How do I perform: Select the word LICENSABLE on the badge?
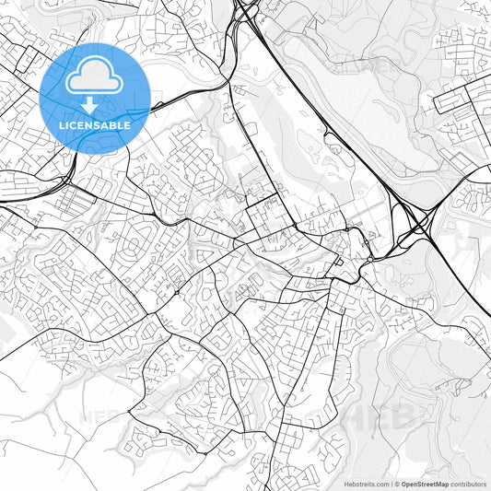pyautogui.click(x=95, y=124)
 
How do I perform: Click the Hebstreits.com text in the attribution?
pyautogui.click(x=365, y=484)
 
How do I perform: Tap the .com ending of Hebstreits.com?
pyautogui.click(x=380, y=484)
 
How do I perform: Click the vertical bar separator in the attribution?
pyautogui.click(x=392, y=484)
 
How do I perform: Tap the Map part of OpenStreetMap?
pyautogui.click(x=442, y=484)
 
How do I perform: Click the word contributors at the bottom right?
pyautogui.click(x=469, y=484)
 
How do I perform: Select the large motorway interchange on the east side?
pyautogui.click(x=414, y=221)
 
